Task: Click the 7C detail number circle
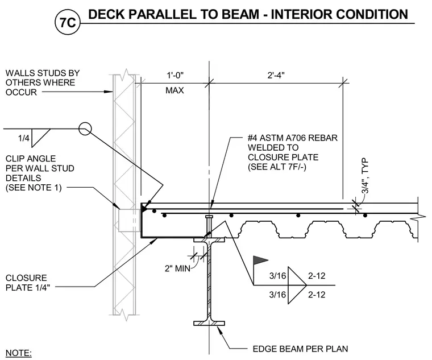(68, 22)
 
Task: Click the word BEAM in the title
(240, 14)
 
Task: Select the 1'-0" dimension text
(175, 75)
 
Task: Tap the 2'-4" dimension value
(276, 75)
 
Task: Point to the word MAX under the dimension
(175, 90)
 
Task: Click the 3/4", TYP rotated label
(365, 176)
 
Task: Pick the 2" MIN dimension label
(178, 268)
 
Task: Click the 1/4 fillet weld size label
(24, 138)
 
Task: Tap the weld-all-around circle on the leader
(85, 129)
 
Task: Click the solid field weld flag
(261, 260)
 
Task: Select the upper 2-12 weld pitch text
(317, 276)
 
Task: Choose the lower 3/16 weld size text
(278, 295)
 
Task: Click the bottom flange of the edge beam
(209, 324)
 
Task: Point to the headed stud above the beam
(209, 226)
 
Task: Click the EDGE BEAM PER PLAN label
(300, 349)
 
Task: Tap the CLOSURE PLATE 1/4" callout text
(28, 283)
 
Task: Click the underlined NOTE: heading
(18, 353)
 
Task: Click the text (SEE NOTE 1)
(34, 188)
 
